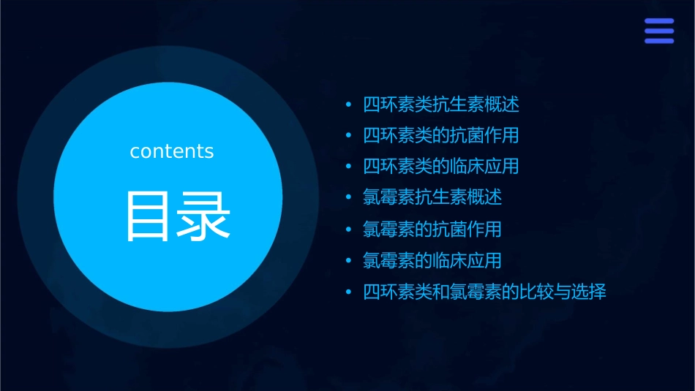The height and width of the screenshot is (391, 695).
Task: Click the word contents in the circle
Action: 172,151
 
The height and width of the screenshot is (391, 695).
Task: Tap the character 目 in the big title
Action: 147,217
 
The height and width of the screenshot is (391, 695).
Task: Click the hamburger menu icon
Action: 658,31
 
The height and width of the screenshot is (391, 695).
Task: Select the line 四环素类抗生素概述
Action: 441,105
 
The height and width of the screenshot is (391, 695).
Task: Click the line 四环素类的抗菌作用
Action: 441,136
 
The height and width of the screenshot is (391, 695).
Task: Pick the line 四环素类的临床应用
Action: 441,167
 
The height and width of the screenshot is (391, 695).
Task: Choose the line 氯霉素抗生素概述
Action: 432,197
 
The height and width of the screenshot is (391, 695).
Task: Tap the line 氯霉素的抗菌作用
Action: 432,229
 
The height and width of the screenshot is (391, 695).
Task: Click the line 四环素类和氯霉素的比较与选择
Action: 484,292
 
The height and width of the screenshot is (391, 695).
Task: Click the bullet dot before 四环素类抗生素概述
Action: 349,105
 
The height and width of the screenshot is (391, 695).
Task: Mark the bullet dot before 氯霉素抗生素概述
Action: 349,198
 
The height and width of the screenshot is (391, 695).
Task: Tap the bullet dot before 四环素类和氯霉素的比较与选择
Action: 349,293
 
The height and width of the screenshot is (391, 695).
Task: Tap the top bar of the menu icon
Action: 658,21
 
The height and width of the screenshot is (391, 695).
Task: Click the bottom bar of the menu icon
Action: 658,41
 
